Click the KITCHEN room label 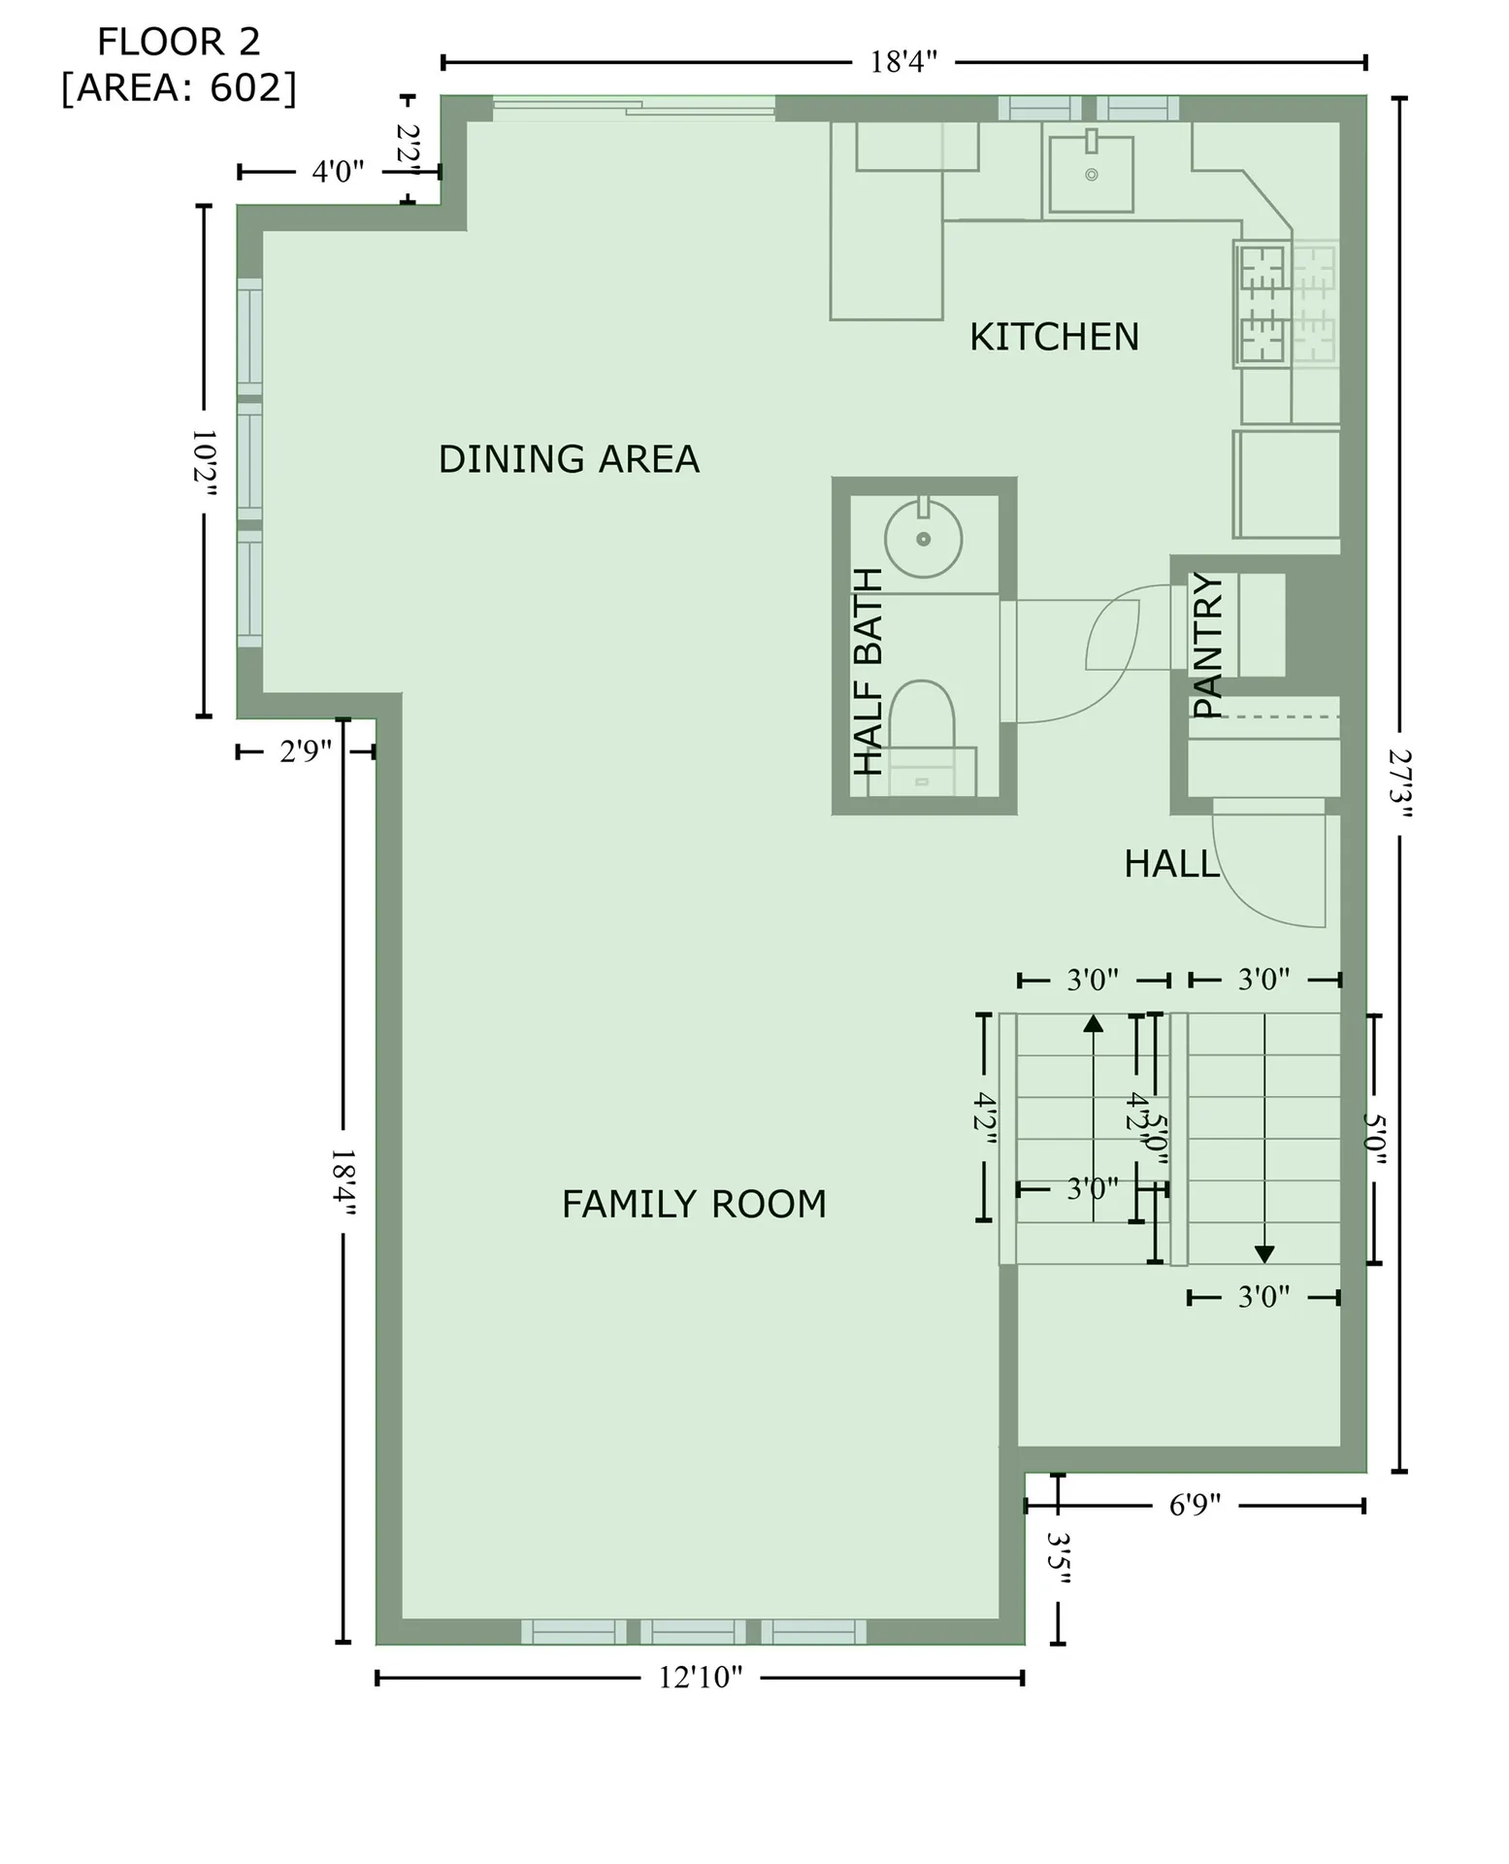[1054, 337]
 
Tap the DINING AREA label [569, 459]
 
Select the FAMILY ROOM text [694, 1204]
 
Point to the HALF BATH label [869, 672]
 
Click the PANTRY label [1207, 645]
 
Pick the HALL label [1171, 863]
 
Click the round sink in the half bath [923, 539]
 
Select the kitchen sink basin [1091, 175]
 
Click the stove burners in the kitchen [1262, 303]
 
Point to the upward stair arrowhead [1094, 1023]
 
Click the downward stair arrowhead [1263, 1254]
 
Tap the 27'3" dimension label [1398, 784]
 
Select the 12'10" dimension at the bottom [700, 1678]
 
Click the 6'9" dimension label [1195, 1506]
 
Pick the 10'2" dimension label [204, 462]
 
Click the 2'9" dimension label [306, 751]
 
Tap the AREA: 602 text [179, 88]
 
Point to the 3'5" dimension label [1059, 1559]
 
